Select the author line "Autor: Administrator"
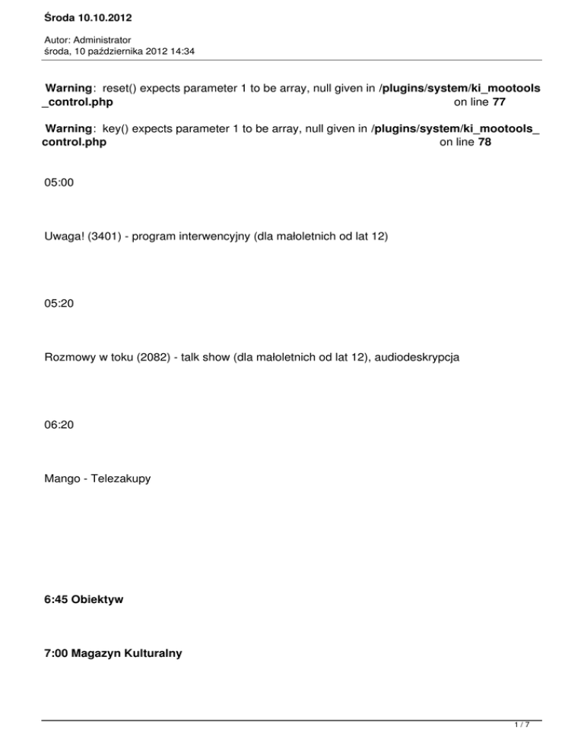coord(87,39)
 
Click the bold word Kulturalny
coord(151,652)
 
